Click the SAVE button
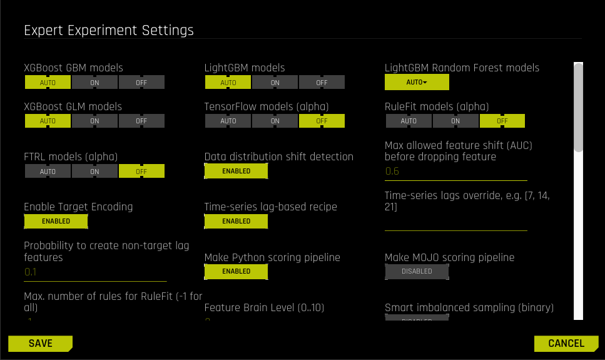click(40, 343)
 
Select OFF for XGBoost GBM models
click(141, 82)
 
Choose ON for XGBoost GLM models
click(94, 121)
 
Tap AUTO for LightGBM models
click(228, 82)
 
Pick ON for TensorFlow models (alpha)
click(275, 121)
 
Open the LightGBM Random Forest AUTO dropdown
click(417, 82)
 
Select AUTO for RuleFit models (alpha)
click(408, 121)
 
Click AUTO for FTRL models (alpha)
click(48, 171)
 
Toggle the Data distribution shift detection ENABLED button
click(236, 171)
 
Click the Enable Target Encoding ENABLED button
click(56, 221)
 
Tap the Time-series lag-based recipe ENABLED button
click(236, 221)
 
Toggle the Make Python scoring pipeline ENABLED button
click(236, 271)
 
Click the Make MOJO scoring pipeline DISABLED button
click(417, 271)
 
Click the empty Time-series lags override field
click(455, 223)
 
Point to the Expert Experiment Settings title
click(109, 30)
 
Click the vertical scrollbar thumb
click(578, 106)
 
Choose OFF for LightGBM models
click(322, 82)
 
